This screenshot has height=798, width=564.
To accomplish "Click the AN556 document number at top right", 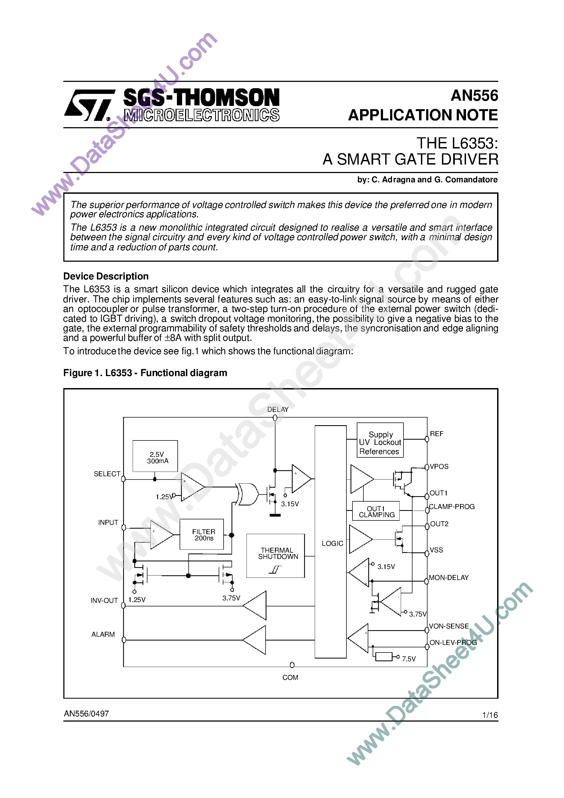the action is click(474, 96).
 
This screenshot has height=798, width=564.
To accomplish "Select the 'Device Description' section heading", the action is click(106, 276).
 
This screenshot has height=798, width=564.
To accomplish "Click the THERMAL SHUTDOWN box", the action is click(275, 556).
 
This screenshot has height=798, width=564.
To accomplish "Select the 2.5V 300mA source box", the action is click(155, 456).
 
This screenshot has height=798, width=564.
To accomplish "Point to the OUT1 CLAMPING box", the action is click(376, 511).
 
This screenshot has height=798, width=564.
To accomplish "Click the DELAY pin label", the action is click(278, 409).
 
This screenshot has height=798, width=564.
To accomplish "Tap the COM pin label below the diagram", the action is click(290, 677).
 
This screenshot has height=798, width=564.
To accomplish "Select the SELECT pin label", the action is click(107, 474).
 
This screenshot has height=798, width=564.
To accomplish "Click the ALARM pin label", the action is click(103, 634).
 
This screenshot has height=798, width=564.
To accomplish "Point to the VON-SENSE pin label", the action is click(449, 626).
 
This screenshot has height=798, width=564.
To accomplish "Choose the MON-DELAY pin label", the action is click(449, 578).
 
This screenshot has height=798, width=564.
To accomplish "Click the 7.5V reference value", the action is click(409, 659).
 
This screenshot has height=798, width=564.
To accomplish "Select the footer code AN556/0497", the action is click(86, 714).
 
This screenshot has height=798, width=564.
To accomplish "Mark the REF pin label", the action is click(437, 434).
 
